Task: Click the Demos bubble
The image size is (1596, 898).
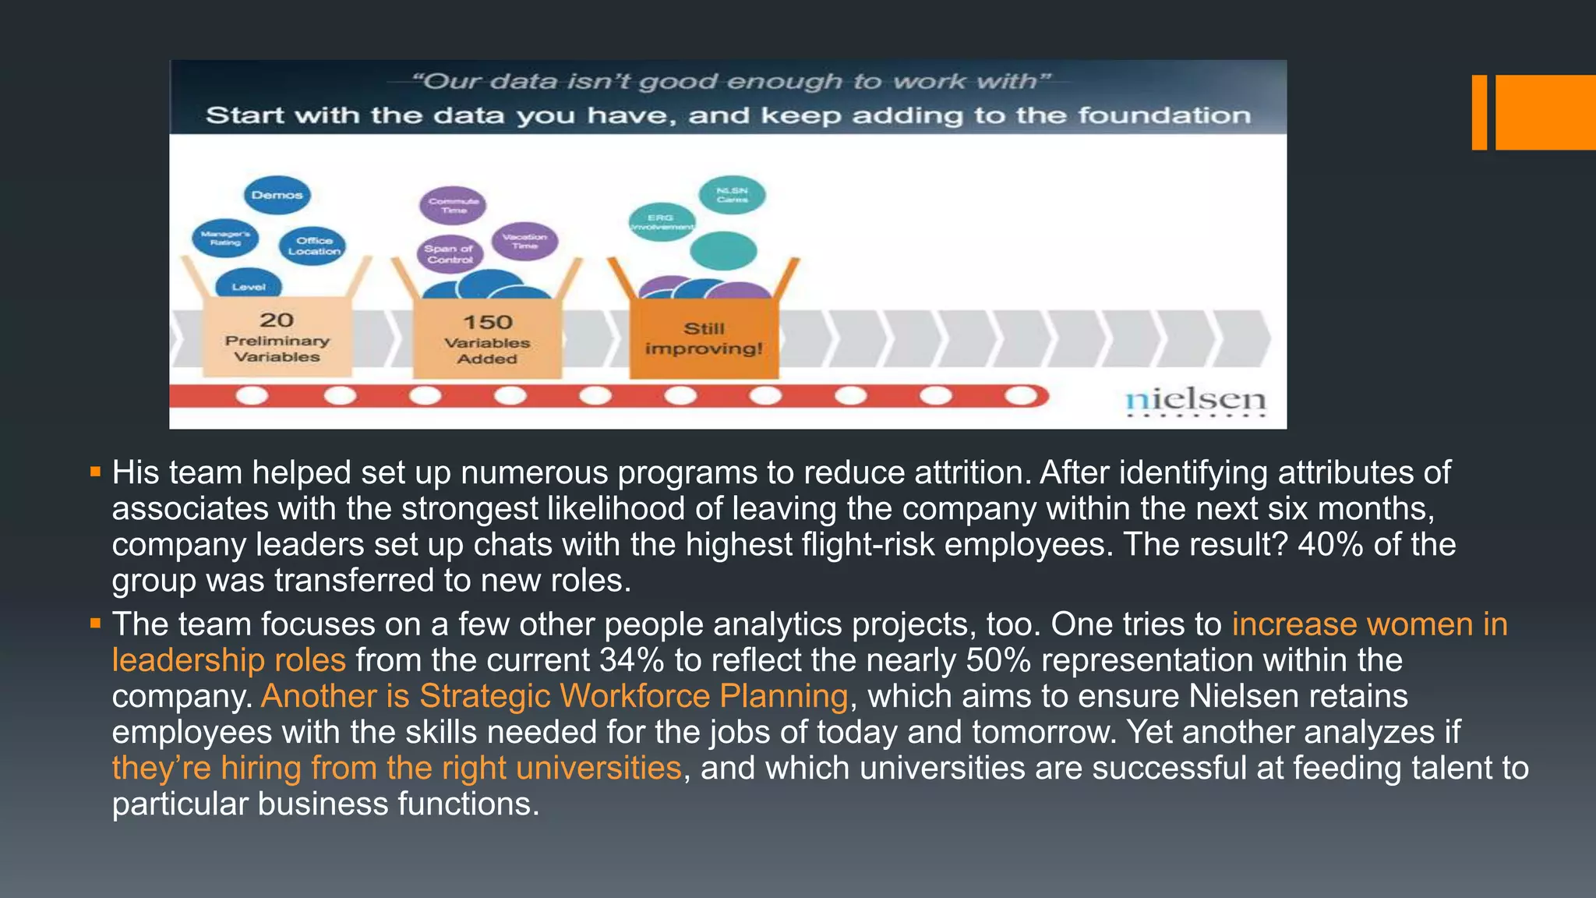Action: tap(277, 195)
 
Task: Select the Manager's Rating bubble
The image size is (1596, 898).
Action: tap(225, 238)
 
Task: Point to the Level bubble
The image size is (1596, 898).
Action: tap(249, 286)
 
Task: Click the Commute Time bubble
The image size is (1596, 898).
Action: tap(453, 206)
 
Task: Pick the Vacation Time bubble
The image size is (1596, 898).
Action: tap(524, 241)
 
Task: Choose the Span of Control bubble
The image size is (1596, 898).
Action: tap(449, 254)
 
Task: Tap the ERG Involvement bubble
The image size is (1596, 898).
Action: tap(661, 222)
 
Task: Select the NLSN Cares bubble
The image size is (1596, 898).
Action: tap(732, 195)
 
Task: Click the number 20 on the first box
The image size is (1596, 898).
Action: tap(277, 320)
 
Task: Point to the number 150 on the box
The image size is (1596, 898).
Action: tap(488, 323)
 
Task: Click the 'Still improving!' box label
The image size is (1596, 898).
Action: tap(704, 339)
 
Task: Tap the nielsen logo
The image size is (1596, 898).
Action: tap(1195, 401)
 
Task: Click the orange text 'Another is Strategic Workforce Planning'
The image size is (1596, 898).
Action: tap(554, 696)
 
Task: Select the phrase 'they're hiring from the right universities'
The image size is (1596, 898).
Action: tap(397, 768)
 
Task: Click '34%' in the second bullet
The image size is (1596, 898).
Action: tap(632, 660)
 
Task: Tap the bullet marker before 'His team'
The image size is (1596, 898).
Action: tap(95, 472)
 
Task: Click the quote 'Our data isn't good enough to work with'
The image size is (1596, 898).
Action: tap(731, 81)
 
